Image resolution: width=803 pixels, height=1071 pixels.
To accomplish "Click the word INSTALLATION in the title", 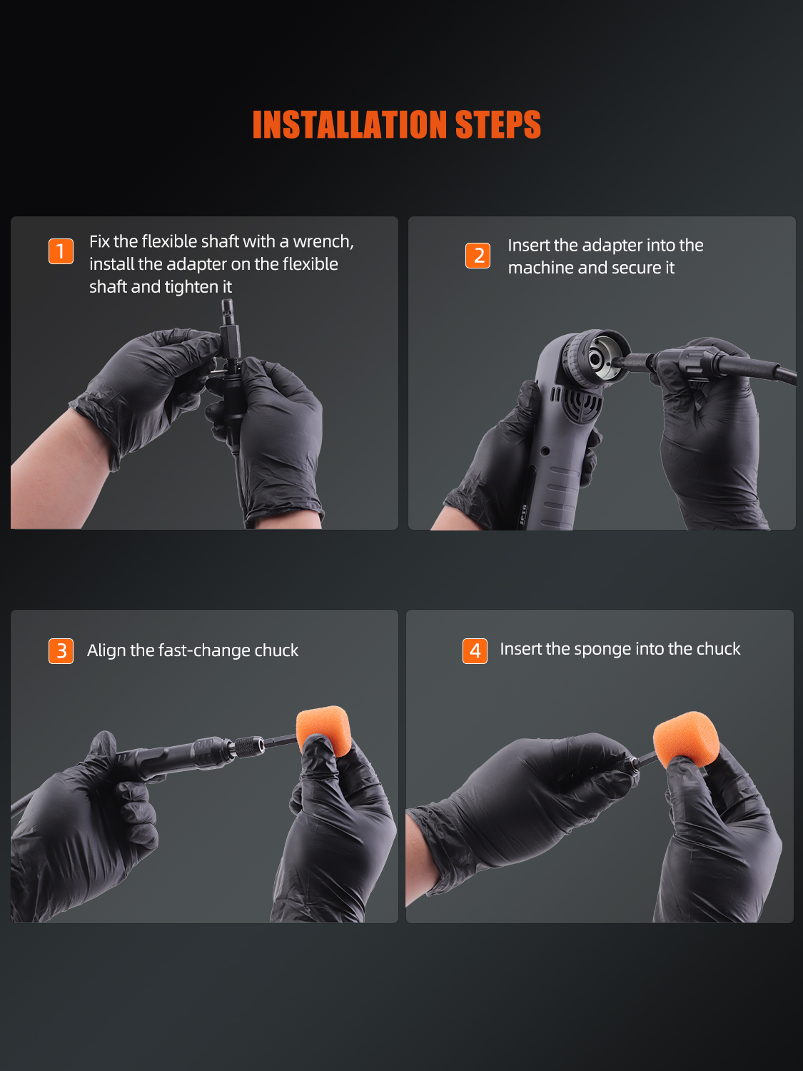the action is pos(350,124).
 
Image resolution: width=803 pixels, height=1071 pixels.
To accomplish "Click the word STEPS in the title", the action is pos(498,124).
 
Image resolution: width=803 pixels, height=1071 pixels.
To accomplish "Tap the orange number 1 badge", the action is pos(61,251).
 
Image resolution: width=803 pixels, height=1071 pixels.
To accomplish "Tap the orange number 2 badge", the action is pos(478,255).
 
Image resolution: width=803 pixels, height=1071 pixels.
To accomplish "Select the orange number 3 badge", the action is pos(61,651).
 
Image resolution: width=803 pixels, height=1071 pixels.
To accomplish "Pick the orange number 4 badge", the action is pos(475,651).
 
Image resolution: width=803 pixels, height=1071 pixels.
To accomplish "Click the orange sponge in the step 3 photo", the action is pos(323,730).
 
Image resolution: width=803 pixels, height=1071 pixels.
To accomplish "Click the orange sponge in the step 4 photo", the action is pos(686,739).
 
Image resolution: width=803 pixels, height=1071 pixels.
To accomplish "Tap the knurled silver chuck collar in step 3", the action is pos(250,746).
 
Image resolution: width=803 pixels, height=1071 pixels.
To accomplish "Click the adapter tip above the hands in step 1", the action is pos(227,312).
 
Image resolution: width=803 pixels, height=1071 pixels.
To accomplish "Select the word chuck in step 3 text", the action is pos(276,650).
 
